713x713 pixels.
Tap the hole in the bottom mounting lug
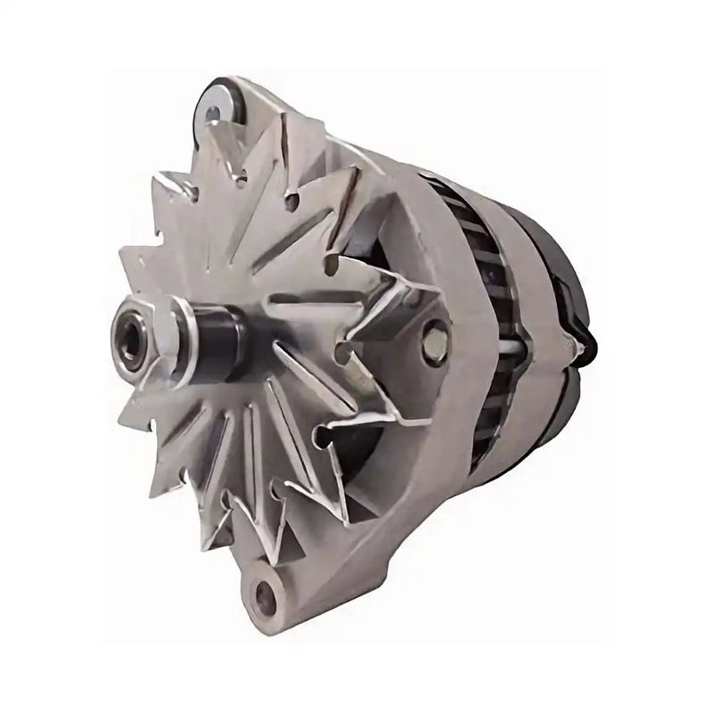tap(265, 592)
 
